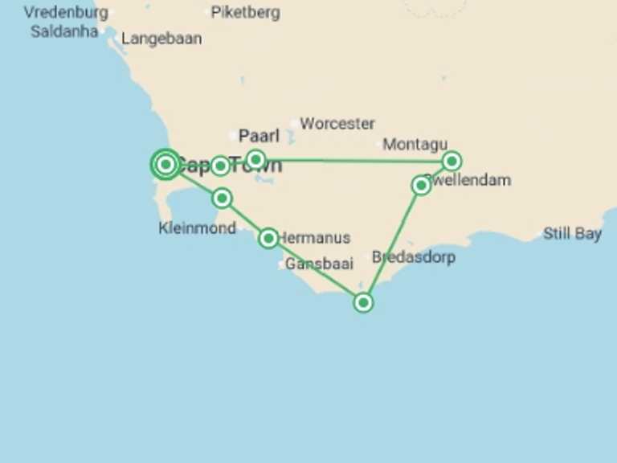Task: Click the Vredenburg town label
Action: (x=66, y=13)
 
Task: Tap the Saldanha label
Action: (x=64, y=32)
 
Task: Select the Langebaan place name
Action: (x=161, y=39)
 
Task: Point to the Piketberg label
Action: (x=245, y=13)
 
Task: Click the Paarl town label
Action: (x=259, y=136)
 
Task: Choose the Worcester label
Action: (x=337, y=124)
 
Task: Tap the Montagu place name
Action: (x=415, y=145)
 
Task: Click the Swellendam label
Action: (x=470, y=180)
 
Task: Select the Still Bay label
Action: (x=572, y=234)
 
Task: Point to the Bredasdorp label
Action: (x=414, y=258)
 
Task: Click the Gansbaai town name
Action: (x=319, y=264)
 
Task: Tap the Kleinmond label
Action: (x=198, y=228)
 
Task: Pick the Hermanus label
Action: (x=317, y=238)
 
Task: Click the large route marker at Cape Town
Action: (x=165, y=164)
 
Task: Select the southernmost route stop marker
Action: (x=363, y=302)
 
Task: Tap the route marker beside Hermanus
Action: (x=268, y=238)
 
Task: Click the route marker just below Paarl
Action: (x=255, y=159)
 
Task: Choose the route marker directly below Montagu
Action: (x=452, y=161)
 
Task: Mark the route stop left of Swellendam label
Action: (x=420, y=186)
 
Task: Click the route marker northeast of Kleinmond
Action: (x=223, y=198)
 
